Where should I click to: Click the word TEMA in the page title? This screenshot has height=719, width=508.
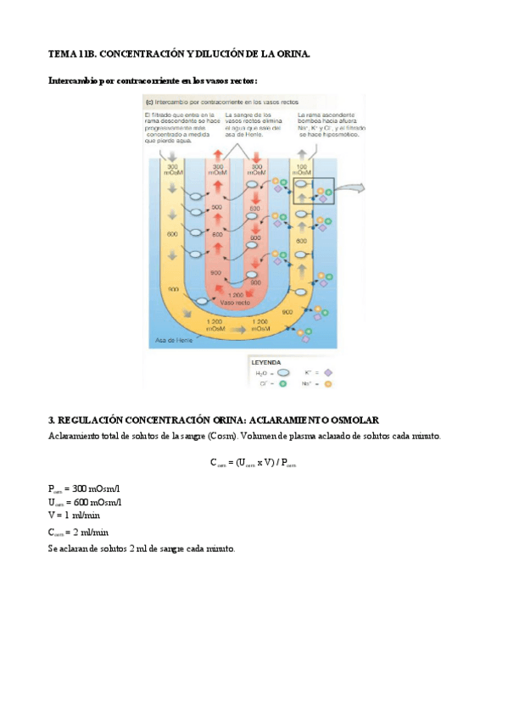coord(60,53)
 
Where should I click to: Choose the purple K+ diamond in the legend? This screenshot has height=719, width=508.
coord(328,372)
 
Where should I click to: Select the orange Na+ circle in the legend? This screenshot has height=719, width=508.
coord(328,384)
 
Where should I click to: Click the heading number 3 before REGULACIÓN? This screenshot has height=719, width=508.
coord(51,421)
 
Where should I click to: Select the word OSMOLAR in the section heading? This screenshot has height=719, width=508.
coord(354,421)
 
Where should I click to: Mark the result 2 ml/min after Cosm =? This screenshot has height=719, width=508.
coord(91,532)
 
